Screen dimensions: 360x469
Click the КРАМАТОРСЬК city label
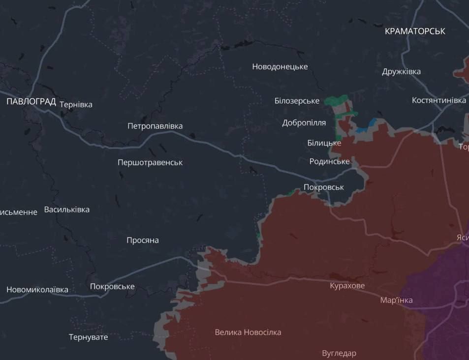(415, 31)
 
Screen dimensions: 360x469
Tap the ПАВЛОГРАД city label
(31, 102)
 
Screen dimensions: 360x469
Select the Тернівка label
(76, 104)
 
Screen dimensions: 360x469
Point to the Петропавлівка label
(155, 126)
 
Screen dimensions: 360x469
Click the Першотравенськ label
(150, 162)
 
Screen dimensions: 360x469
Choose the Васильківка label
(67, 210)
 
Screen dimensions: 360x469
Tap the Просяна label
(143, 240)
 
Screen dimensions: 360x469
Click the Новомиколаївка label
(37, 290)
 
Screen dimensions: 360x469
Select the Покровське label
(112, 287)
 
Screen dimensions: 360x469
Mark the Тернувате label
(88, 337)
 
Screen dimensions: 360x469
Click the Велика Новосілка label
(248, 332)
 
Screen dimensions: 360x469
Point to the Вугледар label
(339, 353)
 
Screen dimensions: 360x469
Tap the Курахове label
(347, 286)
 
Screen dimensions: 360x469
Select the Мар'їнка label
(397, 300)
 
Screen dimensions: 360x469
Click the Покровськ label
(324, 187)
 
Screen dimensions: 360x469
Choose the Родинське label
(330, 161)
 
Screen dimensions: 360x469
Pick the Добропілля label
(304, 122)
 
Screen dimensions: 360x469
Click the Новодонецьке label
(280, 66)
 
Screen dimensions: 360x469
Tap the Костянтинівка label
(439, 100)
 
